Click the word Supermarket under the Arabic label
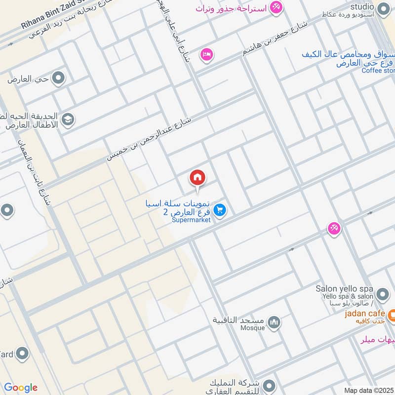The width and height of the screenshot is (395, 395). (x=191, y=220)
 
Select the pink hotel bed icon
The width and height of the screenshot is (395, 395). (x=206, y=54)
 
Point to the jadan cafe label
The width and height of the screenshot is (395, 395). (x=364, y=314)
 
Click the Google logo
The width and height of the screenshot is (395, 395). (x=20, y=388)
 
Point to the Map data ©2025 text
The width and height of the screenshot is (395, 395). (x=369, y=390)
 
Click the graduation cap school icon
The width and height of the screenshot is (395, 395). (x=67, y=119)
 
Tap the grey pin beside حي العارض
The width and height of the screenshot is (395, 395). (x=58, y=78)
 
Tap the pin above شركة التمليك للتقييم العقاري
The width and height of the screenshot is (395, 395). (x=269, y=384)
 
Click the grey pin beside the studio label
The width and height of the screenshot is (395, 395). (x=383, y=8)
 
